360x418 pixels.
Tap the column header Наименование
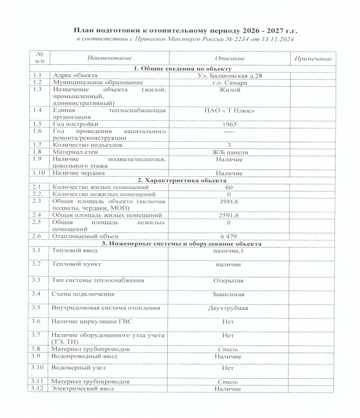click(109, 58)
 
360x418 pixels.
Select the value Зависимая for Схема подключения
click(229, 293)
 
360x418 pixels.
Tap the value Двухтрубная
click(229, 307)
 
